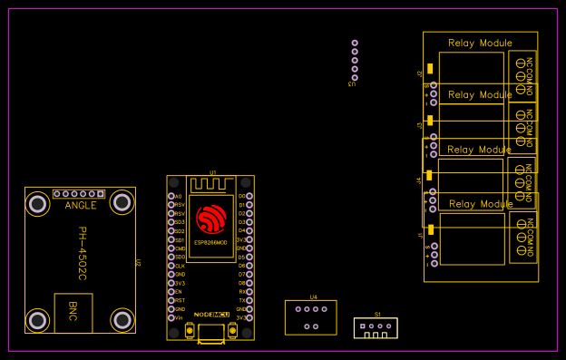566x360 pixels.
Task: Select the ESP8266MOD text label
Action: [x=210, y=243]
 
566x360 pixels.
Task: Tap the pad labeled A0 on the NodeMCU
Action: [x=171, y=196]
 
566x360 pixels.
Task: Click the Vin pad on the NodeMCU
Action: [x=171, y=318]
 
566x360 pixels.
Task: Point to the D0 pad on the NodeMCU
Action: [x=250, y=196]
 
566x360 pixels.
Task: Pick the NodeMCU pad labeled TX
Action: [x=250, y=300]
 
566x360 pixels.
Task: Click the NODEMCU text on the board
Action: [x=210, y=314]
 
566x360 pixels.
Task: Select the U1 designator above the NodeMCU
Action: [x=213, y=171]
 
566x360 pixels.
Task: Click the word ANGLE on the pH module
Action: [x=81, y=206]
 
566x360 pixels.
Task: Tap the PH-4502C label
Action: [x=82, y=253]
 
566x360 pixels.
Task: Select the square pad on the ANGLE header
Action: [x=101, y=194]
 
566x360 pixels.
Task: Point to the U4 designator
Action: [x=313, y=297]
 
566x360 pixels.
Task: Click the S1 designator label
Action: [x=378, y=314]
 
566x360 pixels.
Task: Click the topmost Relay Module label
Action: [x=480, y=44]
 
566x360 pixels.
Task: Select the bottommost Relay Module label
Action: [x=481, y=204]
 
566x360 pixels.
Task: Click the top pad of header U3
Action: [x=355, y=43]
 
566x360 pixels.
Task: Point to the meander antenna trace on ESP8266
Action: [x=211, y=185]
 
